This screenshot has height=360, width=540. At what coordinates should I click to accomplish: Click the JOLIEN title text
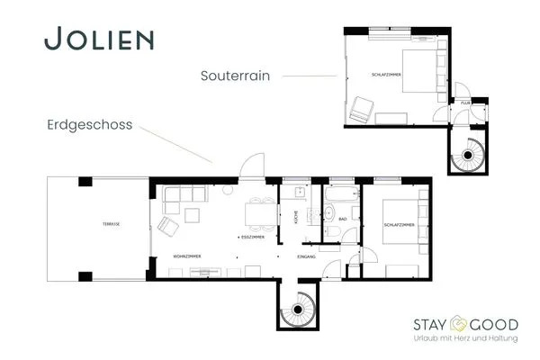(x=99, y=40)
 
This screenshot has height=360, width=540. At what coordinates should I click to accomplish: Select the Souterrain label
(x=237, y=76)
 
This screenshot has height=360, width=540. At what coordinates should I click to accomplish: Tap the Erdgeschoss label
(x=89, y=127)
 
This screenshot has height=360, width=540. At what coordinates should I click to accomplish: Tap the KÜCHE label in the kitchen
(x=295, y=217)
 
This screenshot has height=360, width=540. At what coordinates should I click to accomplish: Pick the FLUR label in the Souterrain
(x=466, y=103)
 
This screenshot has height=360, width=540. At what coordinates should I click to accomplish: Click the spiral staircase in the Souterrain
(x=468, y=157)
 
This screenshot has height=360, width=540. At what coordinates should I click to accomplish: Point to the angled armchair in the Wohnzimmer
(x=169, y=225)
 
